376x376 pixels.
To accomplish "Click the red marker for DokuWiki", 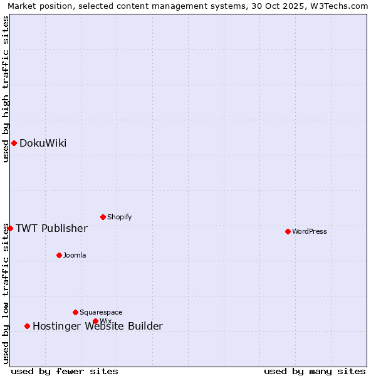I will coord(14,143).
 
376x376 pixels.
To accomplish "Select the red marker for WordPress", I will coord(288,231).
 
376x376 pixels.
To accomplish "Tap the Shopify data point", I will coord(103,217).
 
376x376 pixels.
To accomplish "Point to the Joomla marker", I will coord(59,255).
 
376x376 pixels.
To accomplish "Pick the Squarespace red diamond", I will coord(75,312).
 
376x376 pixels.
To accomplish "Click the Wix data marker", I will coord(95,321).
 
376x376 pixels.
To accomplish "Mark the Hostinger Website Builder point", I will coord(27,326).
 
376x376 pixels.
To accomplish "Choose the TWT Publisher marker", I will coord(10,228).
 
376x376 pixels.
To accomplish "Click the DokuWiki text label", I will coord(43,143).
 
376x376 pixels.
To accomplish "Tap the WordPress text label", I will coord(310,231).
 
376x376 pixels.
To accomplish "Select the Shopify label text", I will coord(119,217).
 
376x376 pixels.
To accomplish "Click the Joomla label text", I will coord(75,255).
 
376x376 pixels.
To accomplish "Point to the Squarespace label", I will coord(101,312).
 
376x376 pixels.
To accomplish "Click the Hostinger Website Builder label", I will coord(97,326).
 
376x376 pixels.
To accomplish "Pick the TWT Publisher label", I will coord(51,228).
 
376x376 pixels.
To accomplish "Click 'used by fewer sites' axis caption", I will coord(65,371).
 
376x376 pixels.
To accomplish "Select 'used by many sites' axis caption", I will coord(315,371).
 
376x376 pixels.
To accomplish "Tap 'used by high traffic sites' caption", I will coord(6,89).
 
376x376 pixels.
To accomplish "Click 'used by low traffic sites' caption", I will coord(6,293).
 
